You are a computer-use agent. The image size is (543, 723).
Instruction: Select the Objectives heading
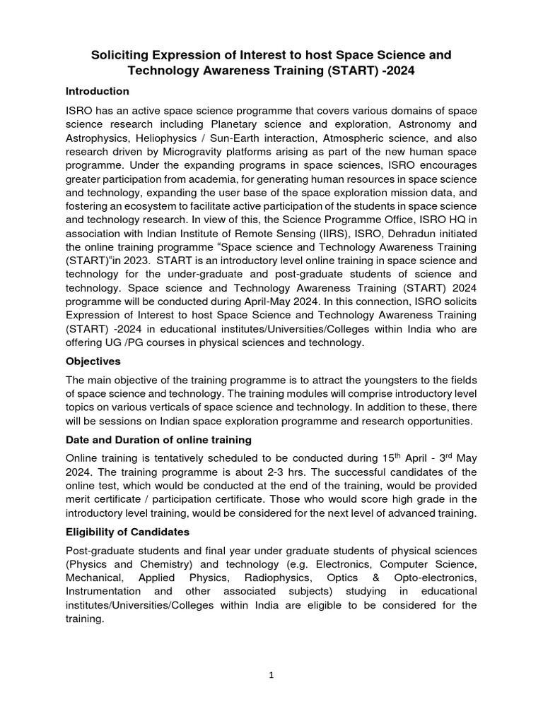[94, 361]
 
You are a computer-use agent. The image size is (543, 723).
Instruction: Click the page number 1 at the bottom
[271, 674]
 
